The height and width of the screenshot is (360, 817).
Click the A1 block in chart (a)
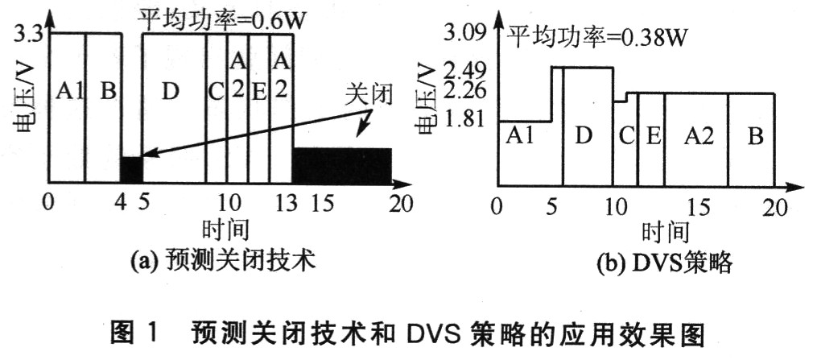coord(68,108)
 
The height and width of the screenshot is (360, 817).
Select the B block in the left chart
coord(104,108)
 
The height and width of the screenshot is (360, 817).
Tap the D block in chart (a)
coord(174,108)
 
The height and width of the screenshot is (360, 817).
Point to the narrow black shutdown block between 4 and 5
coord(132,169)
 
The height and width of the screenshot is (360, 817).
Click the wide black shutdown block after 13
coord(342,165)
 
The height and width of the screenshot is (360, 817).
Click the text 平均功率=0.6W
coord(221,20)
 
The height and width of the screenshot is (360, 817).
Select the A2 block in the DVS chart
coord(696,139)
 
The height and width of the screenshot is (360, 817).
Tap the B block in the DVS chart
coord(751,139)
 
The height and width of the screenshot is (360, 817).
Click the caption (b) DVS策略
coord(664,264)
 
